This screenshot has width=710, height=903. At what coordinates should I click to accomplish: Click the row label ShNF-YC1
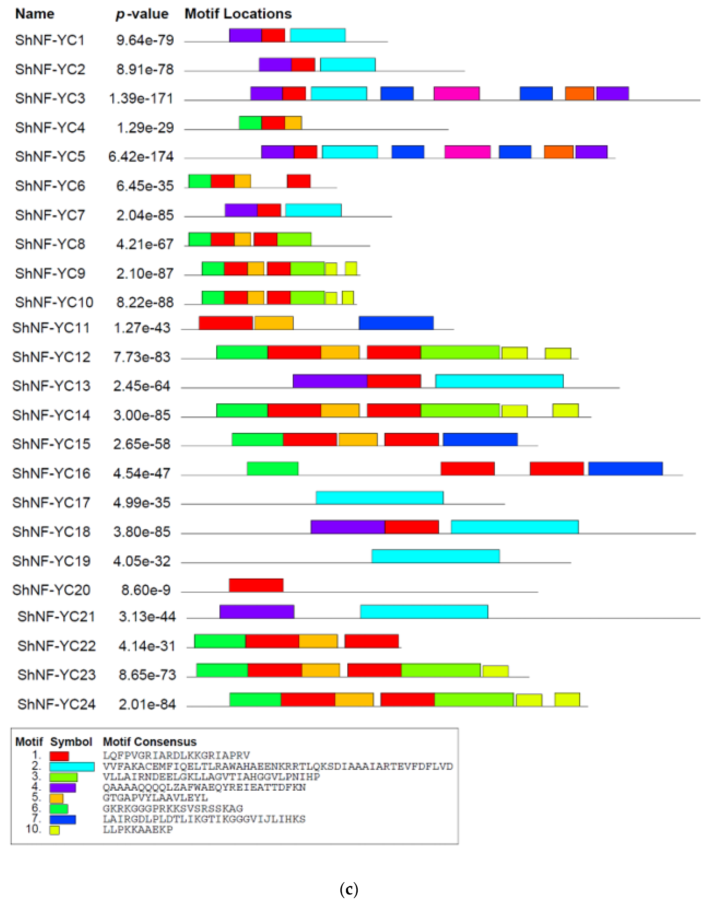tap(50, 40)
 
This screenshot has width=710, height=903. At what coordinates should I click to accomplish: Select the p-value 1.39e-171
tap(141, 98)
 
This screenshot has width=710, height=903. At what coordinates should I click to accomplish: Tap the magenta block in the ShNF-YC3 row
tap(456, 93)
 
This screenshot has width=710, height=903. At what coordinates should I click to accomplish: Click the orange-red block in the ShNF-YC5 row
tap(558, 152)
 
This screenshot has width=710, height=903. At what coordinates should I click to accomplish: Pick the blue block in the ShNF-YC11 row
tap(396, 323)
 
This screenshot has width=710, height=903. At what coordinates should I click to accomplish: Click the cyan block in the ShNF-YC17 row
tap(379, 498)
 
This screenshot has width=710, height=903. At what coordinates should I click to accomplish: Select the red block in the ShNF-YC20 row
tap(256, 585)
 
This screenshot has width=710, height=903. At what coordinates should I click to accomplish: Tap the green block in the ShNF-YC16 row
tap(272, 469)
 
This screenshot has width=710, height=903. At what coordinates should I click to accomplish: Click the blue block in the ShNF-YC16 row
tap(625, 469)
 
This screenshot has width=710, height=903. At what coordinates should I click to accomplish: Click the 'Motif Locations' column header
tap(238, 14)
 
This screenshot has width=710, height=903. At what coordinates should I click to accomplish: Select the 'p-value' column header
tap(142, 14)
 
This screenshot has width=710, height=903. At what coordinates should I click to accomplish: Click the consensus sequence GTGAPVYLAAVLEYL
tap(155, 798)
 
